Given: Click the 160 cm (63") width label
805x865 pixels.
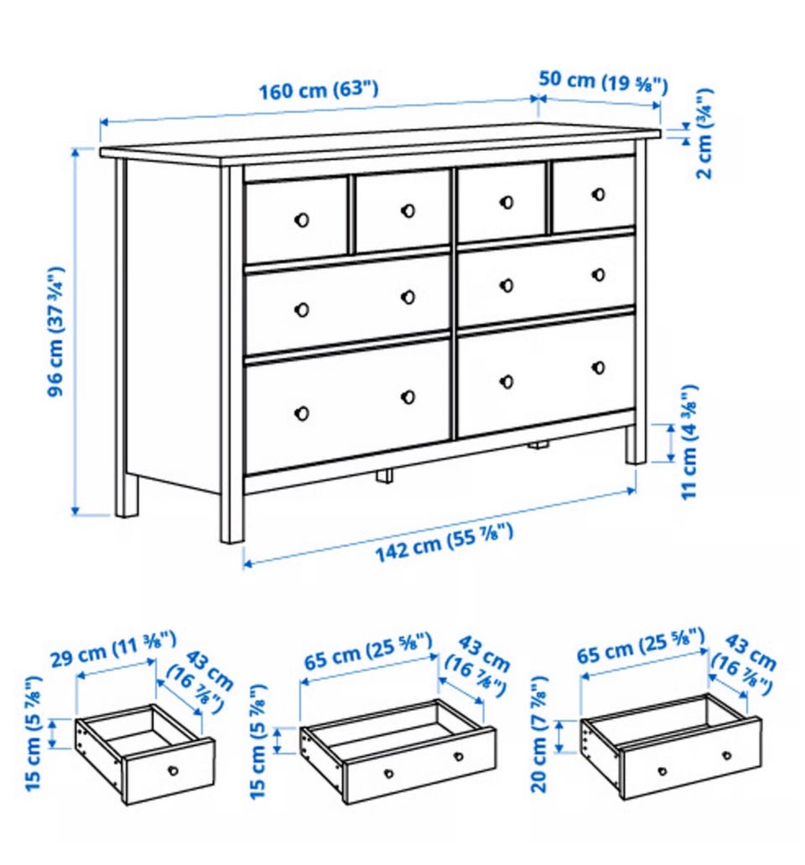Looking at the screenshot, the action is click(x=319, y=90).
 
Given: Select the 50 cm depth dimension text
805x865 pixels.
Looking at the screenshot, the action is click(x=603, y=82).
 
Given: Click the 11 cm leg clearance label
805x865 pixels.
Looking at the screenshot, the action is click(x=689, y=443).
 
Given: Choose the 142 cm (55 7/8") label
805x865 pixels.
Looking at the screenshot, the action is click(x=444, y=543).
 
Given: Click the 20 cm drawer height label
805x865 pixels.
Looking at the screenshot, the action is click(x=539, y=734).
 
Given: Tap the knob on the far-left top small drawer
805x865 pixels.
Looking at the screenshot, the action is click(x=302, y=220).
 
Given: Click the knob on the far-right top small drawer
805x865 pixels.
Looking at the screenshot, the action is click(x=599, y=194).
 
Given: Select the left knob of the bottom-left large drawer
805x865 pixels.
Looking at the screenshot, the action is click(x=302, y=413).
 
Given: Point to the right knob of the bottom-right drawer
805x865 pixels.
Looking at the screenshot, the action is click(x=599, y=367).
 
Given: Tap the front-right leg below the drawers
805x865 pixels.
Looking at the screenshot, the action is click(x=635, y=444).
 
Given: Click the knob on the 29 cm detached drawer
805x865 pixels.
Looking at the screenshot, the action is click(x=174, y=770).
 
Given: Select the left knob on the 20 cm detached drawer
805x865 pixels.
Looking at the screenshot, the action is click(x=662, y=771).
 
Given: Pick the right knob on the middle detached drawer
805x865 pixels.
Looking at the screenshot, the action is click(x=458, y=756).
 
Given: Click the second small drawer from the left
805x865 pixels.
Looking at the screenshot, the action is click(x=402, y=211).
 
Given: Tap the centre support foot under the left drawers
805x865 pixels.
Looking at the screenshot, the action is click(x=385, y=476).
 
